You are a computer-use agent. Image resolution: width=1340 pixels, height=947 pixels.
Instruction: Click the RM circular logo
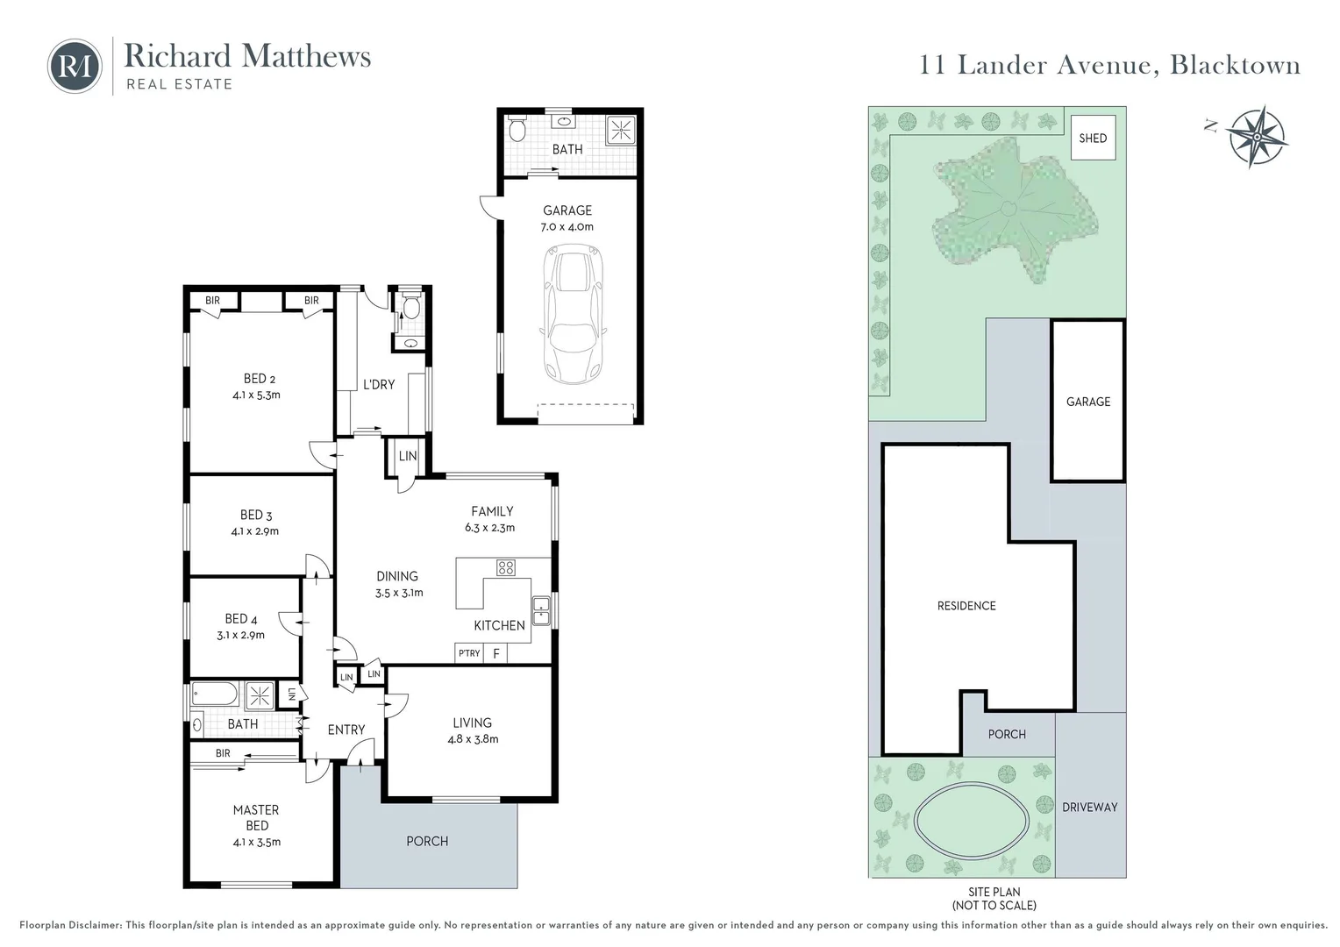[x=75, y=66]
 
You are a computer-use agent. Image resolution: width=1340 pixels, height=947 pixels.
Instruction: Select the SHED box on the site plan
[x=1093, y=138]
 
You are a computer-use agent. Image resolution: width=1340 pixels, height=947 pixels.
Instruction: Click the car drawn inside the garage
[x=573, y=314]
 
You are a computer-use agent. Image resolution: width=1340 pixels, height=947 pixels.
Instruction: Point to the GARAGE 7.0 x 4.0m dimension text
[x=567, y=227]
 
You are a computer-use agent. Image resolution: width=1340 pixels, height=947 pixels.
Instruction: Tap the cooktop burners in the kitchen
[x=505, y=567]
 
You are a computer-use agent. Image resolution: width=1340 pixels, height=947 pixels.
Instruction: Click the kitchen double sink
[x=541, y=611]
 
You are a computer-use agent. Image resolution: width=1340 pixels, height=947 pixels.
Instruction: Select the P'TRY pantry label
[x=469, y=653]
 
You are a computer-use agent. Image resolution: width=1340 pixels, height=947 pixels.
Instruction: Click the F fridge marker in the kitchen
[x=495, y=653]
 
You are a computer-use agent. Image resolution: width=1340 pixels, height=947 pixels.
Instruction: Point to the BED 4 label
[x=240, y=619]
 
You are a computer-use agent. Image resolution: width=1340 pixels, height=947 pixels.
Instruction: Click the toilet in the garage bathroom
[x=517, y=129]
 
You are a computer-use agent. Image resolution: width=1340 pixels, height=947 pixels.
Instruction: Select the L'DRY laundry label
[x=379, y=385]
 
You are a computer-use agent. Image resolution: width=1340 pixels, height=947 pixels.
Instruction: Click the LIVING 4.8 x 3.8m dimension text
[x=473, y=739]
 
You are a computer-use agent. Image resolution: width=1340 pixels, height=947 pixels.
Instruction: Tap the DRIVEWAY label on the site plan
[x=1090, y=807]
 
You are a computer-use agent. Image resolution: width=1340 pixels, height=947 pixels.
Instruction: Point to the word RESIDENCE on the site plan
[x=966, y=606]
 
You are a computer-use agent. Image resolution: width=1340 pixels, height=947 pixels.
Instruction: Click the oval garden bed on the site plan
[x=972, y=820]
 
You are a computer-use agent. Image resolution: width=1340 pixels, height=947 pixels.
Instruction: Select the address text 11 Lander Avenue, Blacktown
[x=1109, y=65]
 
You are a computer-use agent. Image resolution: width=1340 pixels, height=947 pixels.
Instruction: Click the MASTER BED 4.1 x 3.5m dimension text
[x=257, y=842]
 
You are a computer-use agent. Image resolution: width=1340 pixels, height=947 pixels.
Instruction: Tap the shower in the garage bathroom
[x=620, y=131]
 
